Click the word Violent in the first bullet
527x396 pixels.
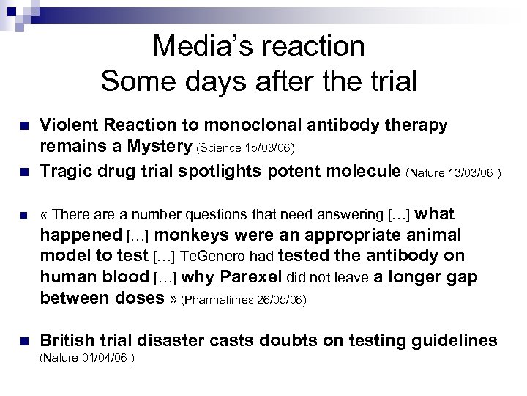[64, 125]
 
